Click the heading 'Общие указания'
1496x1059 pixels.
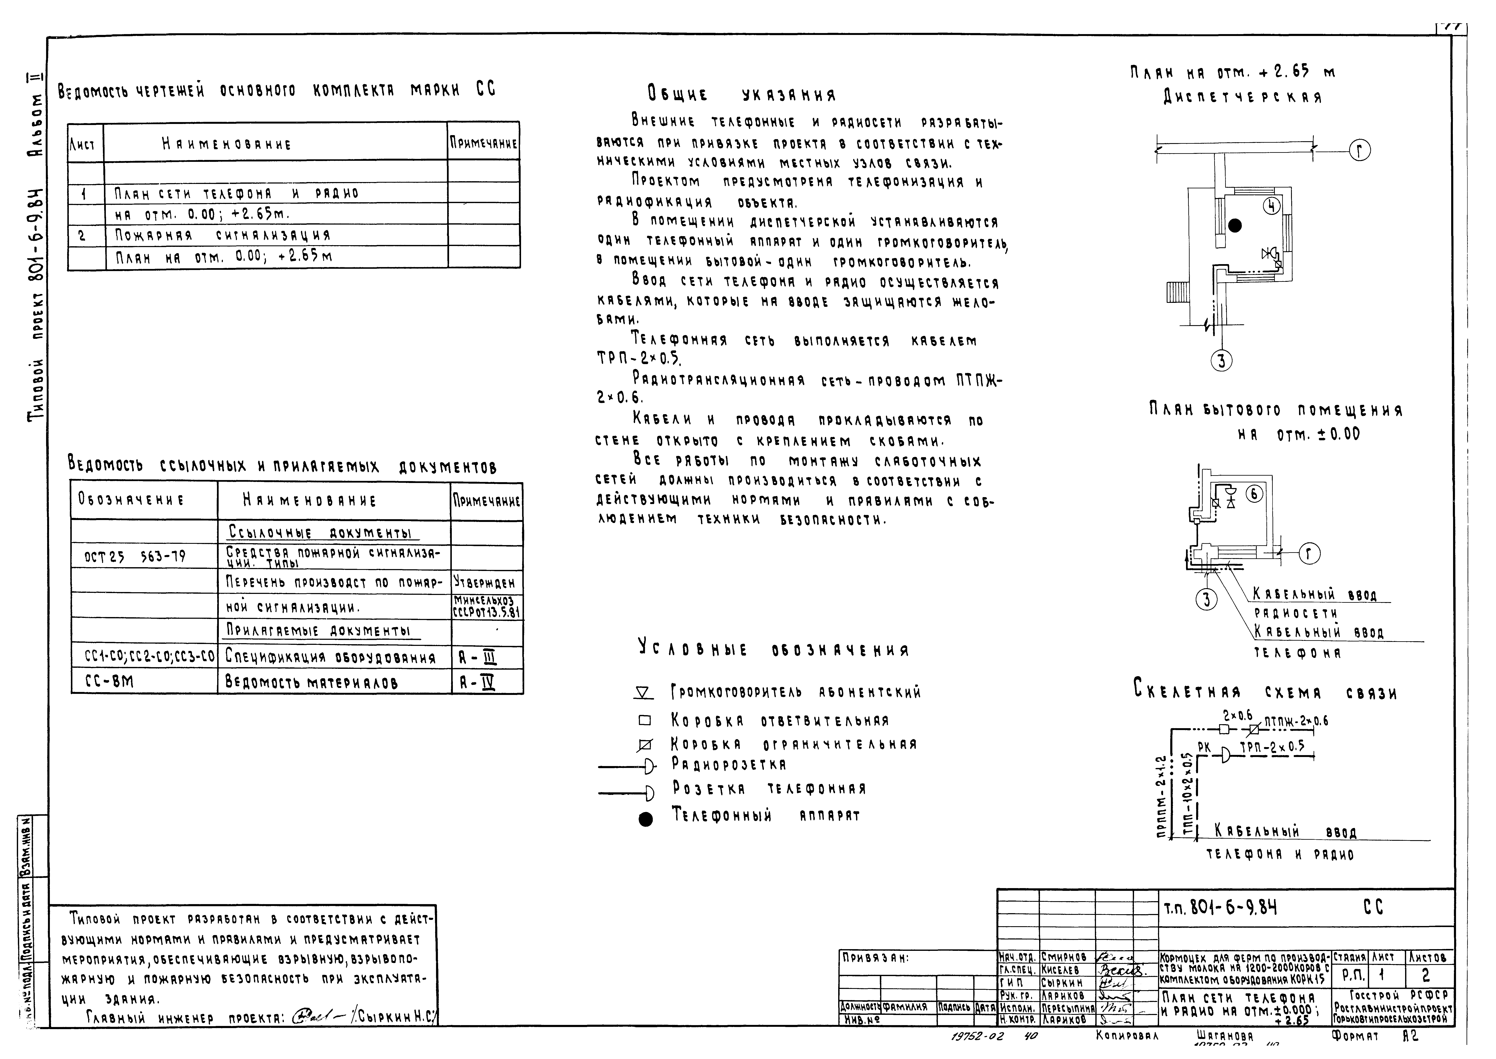click(x=741, y=94)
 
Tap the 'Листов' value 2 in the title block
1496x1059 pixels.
click(x=1426, y=975)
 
